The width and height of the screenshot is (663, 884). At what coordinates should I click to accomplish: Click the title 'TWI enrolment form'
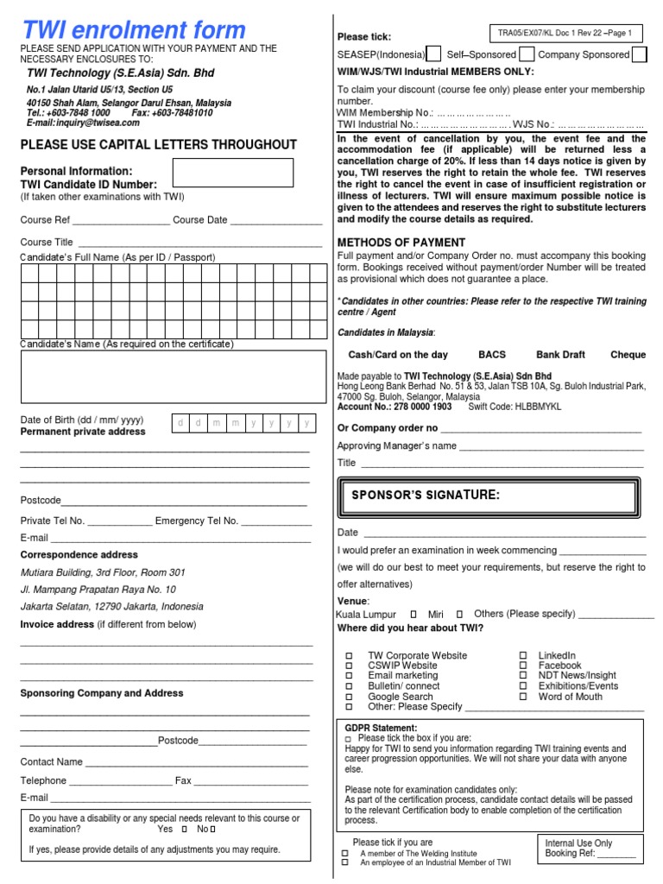(133, 30)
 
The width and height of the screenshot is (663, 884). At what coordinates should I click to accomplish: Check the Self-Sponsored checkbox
(527, 55)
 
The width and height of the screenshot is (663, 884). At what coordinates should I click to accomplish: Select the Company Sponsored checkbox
(639, 55)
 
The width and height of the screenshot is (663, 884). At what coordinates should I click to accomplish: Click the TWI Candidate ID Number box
(233, 174)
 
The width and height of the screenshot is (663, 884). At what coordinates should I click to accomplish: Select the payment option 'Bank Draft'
(560, 355)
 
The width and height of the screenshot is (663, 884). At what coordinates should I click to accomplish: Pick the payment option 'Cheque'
(628, 355)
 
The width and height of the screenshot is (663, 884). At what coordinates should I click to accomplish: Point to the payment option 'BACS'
(492, 355)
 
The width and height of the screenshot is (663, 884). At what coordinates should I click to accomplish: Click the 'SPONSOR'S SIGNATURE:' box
(490, 496)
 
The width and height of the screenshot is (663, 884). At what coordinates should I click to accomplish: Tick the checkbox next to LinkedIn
(523, 656)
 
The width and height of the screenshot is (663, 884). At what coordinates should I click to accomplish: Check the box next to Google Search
(349, 697)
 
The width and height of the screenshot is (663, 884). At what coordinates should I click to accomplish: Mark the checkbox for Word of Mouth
(523, 697)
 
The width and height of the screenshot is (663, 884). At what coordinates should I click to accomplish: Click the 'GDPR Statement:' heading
(381, 728)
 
